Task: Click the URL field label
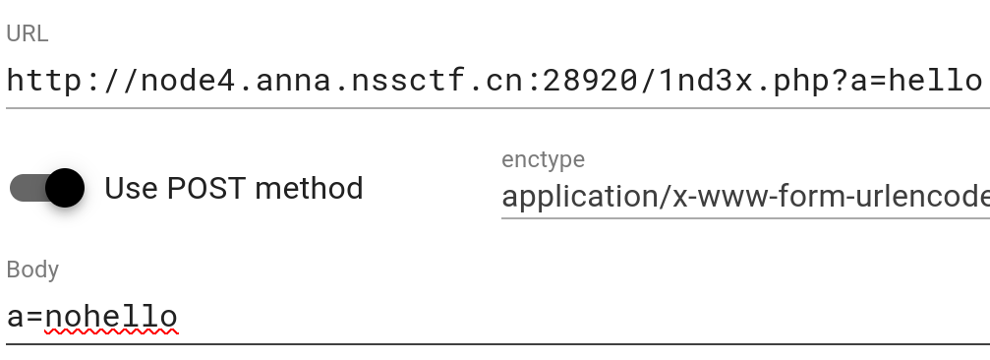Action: pos(28,34)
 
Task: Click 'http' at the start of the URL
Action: pos(40,80)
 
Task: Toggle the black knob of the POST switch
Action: pos(64,188)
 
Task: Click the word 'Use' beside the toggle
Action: pos(130,188)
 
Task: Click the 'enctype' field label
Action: pos(543,159)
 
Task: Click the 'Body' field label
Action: pos(32,270)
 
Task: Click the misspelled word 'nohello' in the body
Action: pos(111,317)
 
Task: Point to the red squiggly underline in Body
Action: pos(111,334)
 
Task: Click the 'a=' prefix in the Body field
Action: pos(24,317)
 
